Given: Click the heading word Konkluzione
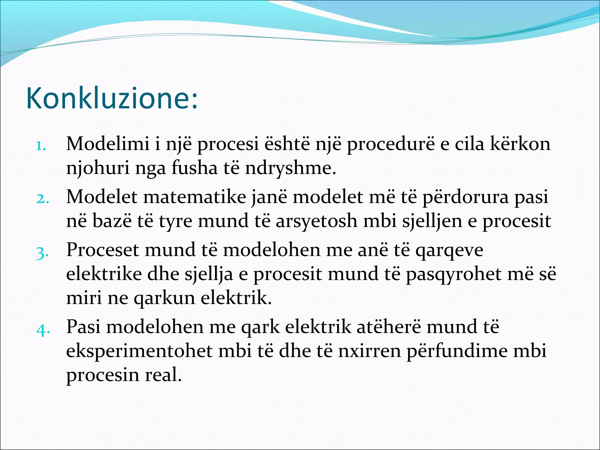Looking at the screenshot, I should point(111,98).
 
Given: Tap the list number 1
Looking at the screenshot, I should point(41,146).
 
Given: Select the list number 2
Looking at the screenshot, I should point(42,199).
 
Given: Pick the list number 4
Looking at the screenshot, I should point(43,330).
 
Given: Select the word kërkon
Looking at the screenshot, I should point(520,144).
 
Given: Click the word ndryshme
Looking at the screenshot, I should point(290,168).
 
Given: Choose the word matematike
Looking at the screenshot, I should point(195,197).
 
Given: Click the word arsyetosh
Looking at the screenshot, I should point(316,221).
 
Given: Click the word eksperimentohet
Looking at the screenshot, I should point(139,351).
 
